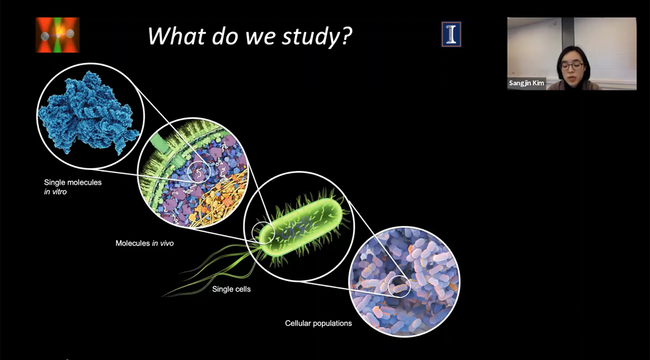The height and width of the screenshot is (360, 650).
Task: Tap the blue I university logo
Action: (451, 34)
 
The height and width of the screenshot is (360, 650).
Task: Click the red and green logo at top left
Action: (58, 35)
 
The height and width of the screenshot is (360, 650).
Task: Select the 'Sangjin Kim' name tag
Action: (526, 83)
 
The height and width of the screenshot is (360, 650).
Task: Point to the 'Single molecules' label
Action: (73, 182)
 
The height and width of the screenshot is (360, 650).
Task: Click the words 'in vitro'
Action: (55, 192)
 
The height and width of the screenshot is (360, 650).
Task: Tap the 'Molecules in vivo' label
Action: (144, 243)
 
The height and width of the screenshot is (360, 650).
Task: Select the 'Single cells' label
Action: (231, 289)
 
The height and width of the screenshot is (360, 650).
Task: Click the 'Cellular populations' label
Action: (318, 323)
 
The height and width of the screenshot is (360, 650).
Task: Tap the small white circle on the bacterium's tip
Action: (263, 233)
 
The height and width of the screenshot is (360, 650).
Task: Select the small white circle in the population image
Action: (399, 287)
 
